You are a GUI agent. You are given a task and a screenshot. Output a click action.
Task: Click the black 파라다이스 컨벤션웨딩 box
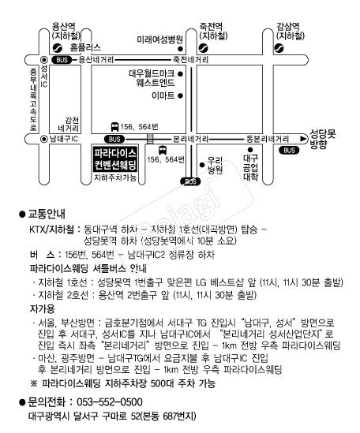[115, 159]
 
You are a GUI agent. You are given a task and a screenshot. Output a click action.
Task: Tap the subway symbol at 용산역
[58, 48]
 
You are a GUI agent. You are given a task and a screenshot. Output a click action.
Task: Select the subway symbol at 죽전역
[204, 48]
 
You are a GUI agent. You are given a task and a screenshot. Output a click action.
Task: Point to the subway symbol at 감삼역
[279, 48]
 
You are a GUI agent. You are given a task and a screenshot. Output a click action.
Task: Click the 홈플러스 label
[85, 47]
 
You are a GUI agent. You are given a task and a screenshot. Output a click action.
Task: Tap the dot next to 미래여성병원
[180, 49]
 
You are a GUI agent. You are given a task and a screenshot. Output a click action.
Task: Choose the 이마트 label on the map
[163, 95]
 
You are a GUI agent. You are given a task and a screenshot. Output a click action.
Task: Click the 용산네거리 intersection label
[96, 60]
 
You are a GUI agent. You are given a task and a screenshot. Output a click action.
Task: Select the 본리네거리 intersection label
[190, 139]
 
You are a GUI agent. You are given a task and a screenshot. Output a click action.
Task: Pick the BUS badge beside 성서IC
[62, 60]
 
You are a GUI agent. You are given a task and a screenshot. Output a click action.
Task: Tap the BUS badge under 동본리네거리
[289, 150]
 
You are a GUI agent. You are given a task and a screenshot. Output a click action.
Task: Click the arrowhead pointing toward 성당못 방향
[304, 139]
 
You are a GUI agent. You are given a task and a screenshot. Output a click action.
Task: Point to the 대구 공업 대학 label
[251, 168]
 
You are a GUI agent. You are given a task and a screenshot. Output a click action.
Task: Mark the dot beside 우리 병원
[202, 165]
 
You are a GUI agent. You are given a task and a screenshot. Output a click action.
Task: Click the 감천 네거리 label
[69, 125]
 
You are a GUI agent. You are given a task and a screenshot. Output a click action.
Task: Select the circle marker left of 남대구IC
[44, 139]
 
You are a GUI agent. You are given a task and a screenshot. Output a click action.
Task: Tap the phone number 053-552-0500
[110, 402]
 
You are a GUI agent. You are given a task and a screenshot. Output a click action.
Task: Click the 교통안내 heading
[47, 214]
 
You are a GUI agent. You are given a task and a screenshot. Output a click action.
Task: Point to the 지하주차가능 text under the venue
[115, 177]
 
